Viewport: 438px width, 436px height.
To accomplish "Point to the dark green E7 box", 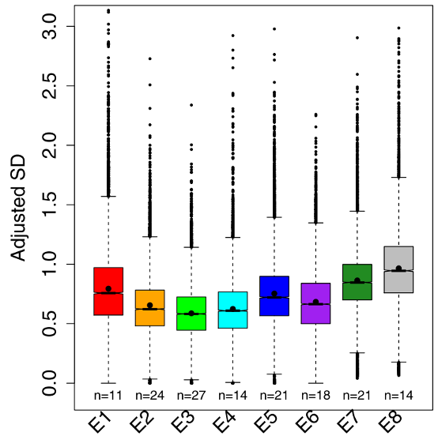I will (357, 282).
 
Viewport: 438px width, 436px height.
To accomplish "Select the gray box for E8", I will (398, 269).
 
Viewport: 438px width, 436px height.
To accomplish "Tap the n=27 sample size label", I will (191, 393).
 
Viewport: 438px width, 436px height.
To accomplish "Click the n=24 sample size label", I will (149, 393).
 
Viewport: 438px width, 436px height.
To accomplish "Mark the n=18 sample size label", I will (315, 393).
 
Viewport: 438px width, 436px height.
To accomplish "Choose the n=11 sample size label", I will (108, 393).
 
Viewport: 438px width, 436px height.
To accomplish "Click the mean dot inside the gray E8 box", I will (398, 269).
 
